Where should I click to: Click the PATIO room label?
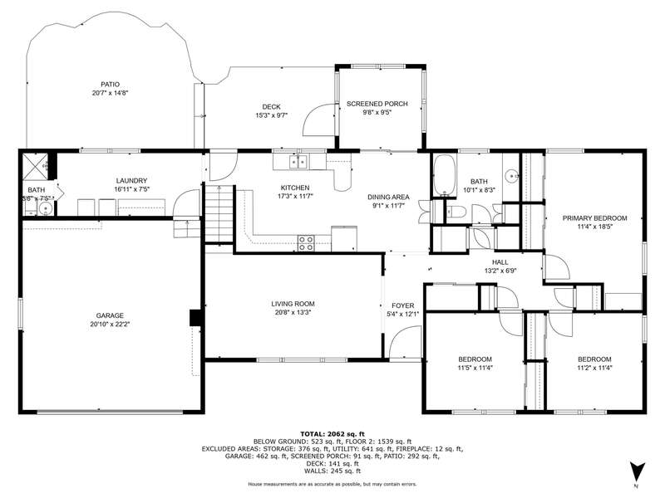coord(110,85)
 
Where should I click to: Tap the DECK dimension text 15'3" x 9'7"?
coord(272,115)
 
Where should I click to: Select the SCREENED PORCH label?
coord(377,104)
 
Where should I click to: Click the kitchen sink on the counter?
coord(298,161)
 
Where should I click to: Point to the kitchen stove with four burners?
coord(306,242)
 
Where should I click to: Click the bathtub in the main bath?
coord(444,175)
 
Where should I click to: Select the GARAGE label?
coord(110,315)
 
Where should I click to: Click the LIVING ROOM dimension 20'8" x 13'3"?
coord(293,313)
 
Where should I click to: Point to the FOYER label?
coord(403,305)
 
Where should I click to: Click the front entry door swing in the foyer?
coord(406,342)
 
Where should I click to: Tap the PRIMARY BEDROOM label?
coord(594,218)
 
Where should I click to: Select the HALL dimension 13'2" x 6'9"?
coord(500,271)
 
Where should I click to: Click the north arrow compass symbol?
coord(637,471)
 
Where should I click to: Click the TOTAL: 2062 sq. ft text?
coord(332,434)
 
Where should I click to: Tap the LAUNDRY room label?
coord(131,181)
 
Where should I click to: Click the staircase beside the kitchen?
coord(219,214)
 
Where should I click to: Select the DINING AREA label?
coord(388,197)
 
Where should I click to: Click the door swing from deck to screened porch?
coord(318,120)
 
